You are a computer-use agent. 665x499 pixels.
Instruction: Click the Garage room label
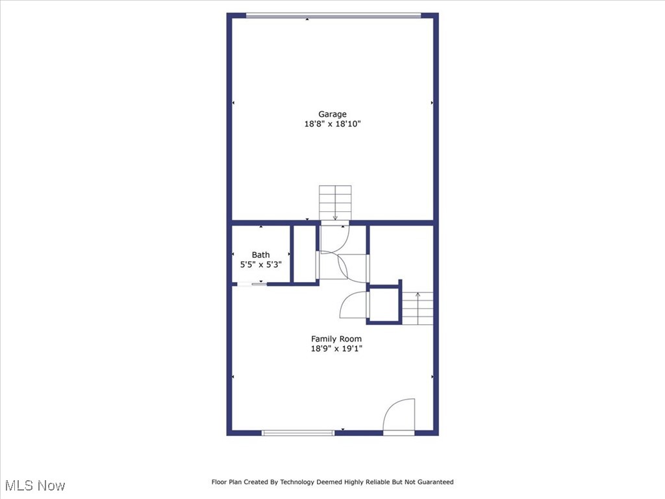[332, 114]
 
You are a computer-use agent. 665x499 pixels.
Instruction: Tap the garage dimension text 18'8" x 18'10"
[332, 124]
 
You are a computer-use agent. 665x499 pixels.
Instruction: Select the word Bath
[260, 255]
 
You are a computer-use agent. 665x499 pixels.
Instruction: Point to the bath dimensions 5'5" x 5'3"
[260, 264]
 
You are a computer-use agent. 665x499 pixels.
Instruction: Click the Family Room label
[336, 339]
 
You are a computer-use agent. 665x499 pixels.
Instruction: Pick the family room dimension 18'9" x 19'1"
[336, 348]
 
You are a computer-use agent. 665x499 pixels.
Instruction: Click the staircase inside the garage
[335, 202]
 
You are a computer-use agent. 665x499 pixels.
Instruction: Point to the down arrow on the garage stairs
[335, 216]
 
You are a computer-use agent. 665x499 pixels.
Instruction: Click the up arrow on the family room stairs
[418, 296]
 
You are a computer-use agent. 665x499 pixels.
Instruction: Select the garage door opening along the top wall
[333, 16]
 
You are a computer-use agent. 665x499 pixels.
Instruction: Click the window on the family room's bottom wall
[298, 433]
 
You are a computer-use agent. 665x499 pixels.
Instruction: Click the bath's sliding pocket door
[252, 284]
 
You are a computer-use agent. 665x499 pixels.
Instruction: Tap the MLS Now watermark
[35, 485]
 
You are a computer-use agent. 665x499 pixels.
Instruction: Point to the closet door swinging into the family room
[355, 305]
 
